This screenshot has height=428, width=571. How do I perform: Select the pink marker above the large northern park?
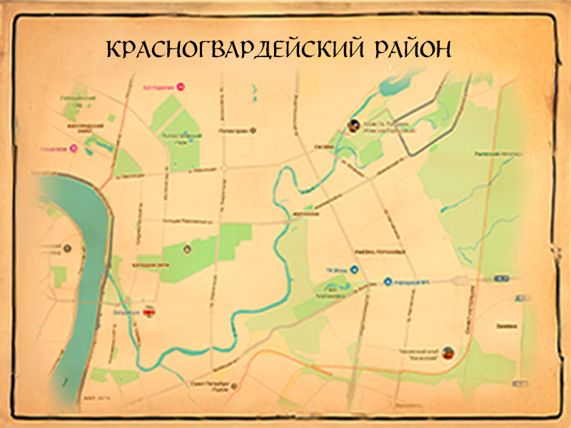coord(181,87)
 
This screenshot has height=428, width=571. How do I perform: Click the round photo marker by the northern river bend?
coord(353,126)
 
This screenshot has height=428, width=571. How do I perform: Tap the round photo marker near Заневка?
coord(448,351)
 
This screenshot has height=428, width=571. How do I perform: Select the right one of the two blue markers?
coord(388,282)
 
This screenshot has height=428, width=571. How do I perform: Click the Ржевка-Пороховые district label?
coord(380,251)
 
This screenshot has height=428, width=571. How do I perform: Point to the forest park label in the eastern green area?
coord(498,153)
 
